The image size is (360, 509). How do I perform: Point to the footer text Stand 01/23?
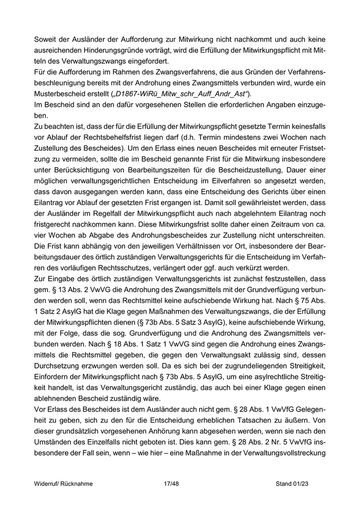pyautogui.click(x=295, y=484)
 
